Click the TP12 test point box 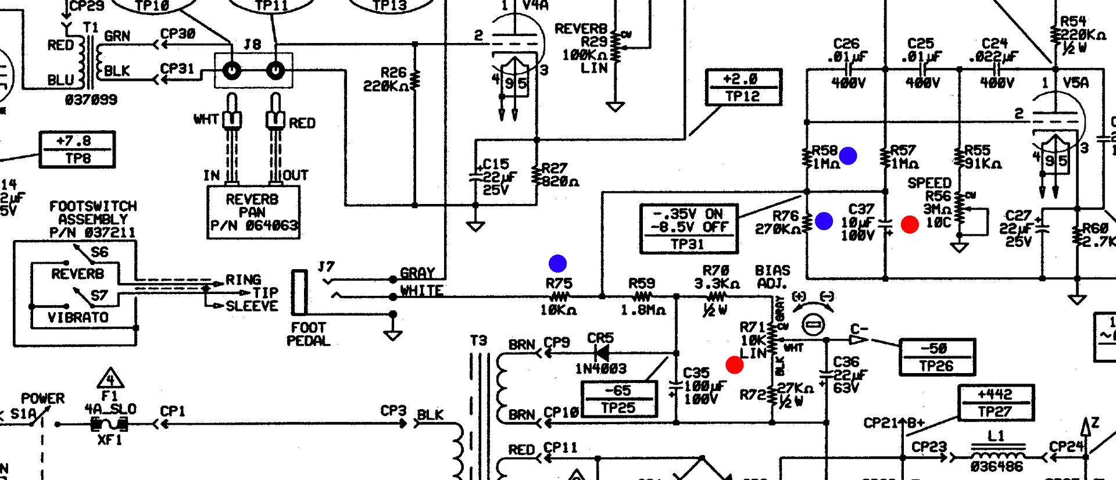[x=743, y=87]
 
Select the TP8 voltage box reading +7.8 [x=77, y=149]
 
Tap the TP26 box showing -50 [x=936, y=357]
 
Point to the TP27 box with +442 [x=995, y=403]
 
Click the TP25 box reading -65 [x=618, y=399]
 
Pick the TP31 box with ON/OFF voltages [x=689, y=229]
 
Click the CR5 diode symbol [x=602, y=353]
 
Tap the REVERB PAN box [x=253, y=212]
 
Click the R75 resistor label [x=559, y=284]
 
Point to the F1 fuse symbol [x=109, y=424]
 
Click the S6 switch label [x=99, y=252]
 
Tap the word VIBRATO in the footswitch [x=78, y=317]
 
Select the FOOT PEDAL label [x=309, y=334]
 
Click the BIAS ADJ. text [x=772, y=277]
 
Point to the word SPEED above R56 [x=929, y=183]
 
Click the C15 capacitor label [x=496, y=164]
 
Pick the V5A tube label [x=1075, y=83]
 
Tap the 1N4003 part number [x=601, y=368]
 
